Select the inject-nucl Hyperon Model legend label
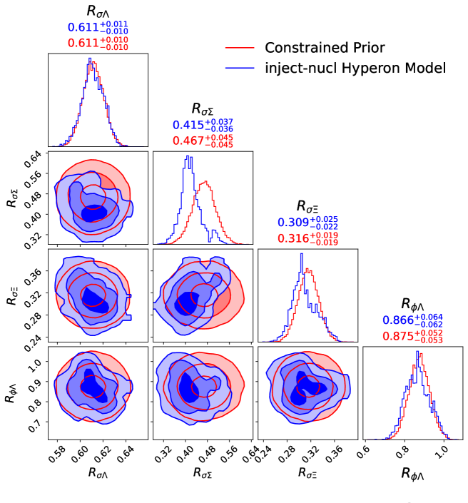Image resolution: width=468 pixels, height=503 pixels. [x=355, y=68]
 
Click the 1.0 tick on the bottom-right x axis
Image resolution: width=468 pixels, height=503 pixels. [x=444, y=451]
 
